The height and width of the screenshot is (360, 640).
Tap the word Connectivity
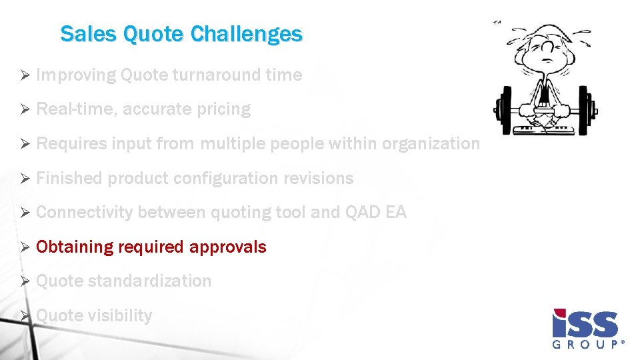(x=85, y=213)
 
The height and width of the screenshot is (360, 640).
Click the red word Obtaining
(x=75, y=247)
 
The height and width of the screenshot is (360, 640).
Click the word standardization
(x=149, y=281)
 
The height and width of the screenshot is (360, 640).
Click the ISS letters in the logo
(x=585, y=323)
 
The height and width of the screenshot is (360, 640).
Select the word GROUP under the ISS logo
(x=587, y=345)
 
